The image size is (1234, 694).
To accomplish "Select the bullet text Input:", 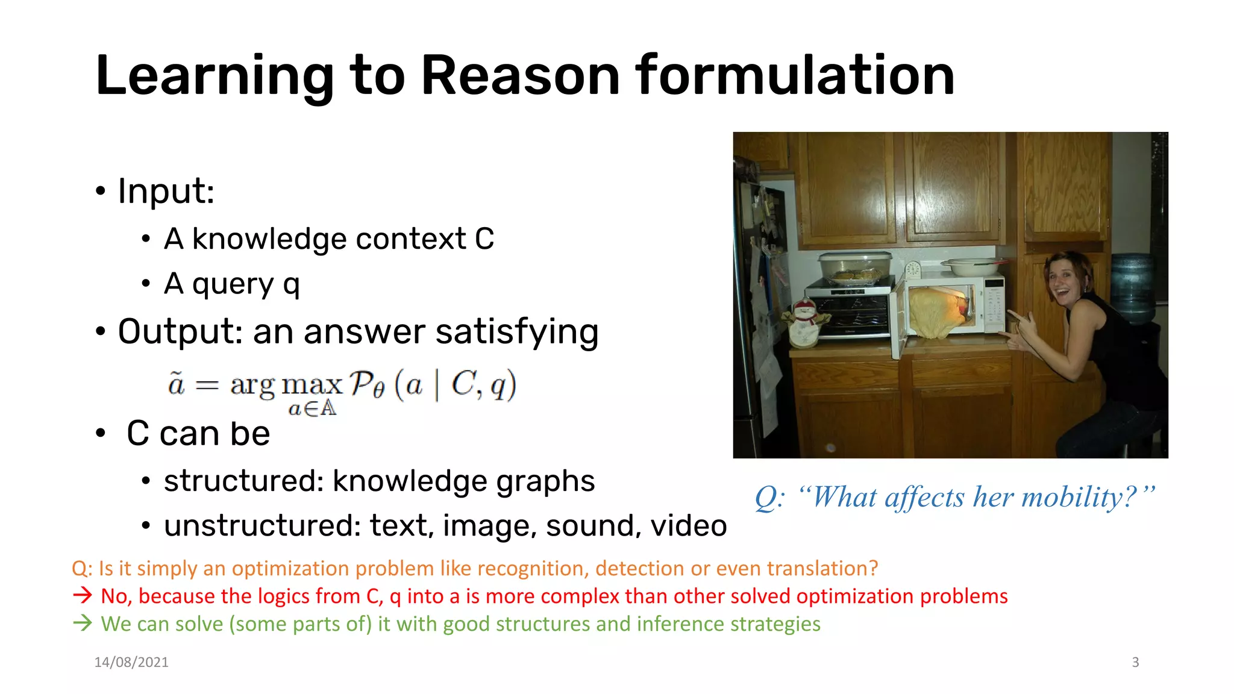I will click(166, 191).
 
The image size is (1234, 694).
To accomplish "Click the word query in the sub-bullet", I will click(233, 284).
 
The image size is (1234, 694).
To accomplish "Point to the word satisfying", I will click(517, 331).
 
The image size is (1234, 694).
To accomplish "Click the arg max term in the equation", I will click(286, 384).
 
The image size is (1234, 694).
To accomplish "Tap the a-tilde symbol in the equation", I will click(176, 383).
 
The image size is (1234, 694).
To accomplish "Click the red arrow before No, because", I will click(83, 596).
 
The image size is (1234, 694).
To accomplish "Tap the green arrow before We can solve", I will click(83, 623).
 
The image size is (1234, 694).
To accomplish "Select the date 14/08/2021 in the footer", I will click(131, 662).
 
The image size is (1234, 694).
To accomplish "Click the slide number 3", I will click(1135, 662).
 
